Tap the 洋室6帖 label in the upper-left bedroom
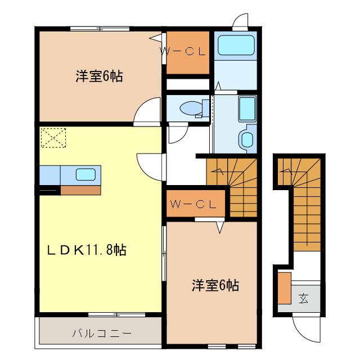click(x=99, y=76)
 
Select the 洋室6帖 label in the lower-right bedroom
click(x=215, y=285)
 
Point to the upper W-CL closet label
click(x=183, y=52)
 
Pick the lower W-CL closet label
click(x=193, y=204)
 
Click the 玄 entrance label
click(x=304, y=298)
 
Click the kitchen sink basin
click(x=85, y=174)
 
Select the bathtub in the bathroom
click(x=247, y=108)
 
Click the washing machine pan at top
click(x=236, y=45)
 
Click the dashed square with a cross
click(x=53, y=138)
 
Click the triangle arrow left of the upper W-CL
click(x=156, y=38)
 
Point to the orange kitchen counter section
click(x=80, y=190)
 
